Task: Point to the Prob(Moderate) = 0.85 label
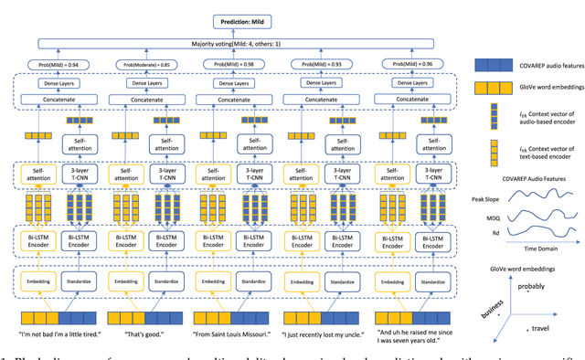146,64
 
